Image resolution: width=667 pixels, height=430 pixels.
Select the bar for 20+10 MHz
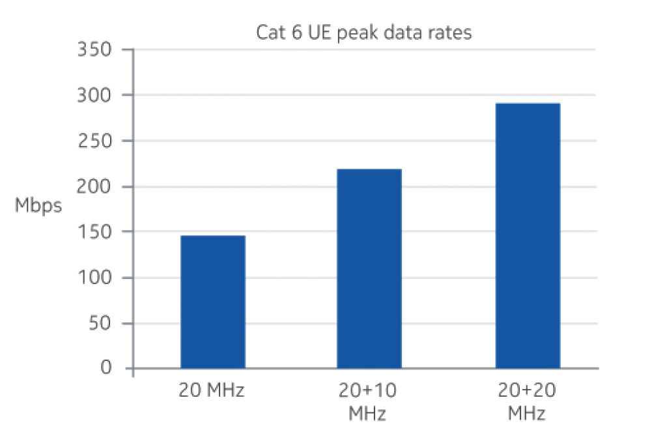(x=369, y=268)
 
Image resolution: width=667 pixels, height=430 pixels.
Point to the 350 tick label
(x=96, y=50)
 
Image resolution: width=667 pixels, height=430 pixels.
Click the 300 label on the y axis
(x=96, y=95)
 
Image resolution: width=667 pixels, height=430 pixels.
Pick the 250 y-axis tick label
(x=96, y=141)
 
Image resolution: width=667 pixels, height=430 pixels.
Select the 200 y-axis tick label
(x=96, y=186)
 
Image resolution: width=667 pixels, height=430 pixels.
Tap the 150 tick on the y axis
(x=96, y=232)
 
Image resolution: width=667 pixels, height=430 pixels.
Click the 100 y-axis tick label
(x=96, y=278)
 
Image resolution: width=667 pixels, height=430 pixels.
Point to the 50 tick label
(x=100, y=323)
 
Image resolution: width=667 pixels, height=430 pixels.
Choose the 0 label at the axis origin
(x=106, y=369)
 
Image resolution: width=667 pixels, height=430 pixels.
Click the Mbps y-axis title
(x=38, y=207)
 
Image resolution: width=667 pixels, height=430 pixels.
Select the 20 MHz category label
(x=212, y=392)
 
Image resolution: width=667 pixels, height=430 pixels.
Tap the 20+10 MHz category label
(x=368, y=402)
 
